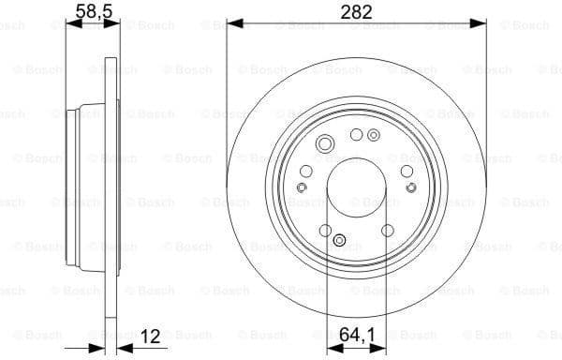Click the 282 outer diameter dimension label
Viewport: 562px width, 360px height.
coord(357,11)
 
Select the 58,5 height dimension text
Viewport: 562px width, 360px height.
coord(89,11)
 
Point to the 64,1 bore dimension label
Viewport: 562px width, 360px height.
coord(358,334)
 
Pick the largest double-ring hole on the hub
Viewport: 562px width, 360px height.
coord(325,143)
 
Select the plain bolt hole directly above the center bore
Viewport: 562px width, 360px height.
coord(356,135)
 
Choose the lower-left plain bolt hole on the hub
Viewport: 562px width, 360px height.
coord(324,231)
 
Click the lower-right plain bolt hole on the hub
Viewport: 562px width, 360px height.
coord(388,231)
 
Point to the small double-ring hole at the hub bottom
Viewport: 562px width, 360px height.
coord(340,240)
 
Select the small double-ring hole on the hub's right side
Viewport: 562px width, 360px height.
coord(413,187)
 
